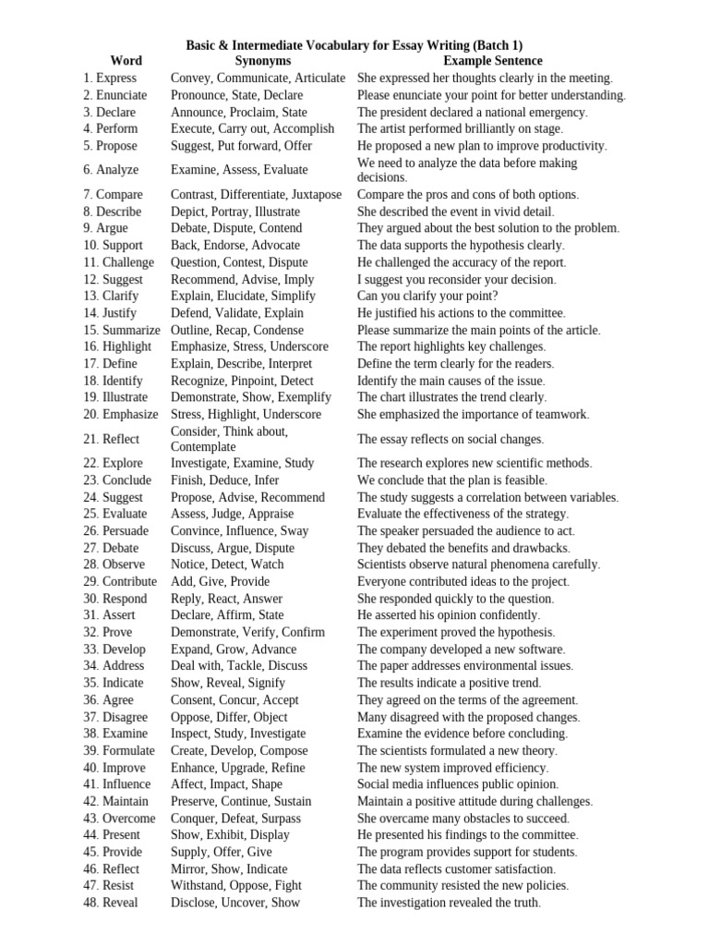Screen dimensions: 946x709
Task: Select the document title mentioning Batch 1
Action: point(354,44)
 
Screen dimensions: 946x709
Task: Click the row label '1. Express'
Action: point(110,79)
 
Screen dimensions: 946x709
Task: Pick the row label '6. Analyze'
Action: point(111,170)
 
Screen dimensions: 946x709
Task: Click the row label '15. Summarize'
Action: point(121,330)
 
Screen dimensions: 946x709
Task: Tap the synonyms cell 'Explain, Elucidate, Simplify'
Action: point(243,297)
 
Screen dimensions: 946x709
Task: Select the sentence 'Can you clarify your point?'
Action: point(427,297)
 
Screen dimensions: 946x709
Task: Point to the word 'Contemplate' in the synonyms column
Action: point(203,447)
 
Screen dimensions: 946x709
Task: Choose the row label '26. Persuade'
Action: point(115,531)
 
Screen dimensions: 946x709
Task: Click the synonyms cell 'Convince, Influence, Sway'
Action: point(240,531)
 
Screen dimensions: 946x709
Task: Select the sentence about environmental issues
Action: point(465,666)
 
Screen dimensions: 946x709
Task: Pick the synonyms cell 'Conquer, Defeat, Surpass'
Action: point(235,819)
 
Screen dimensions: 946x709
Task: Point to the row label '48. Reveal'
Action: point(110,903)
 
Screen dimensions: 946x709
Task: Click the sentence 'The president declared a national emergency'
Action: point(472,113)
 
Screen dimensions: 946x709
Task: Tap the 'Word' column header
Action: point(126,61)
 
